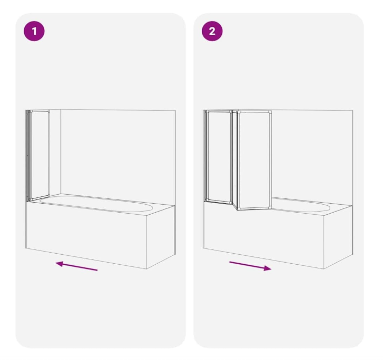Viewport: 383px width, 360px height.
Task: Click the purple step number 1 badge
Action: coord(34,31)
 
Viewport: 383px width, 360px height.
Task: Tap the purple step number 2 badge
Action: coord(212,31)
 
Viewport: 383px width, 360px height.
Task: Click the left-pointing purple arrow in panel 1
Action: coord(76,266)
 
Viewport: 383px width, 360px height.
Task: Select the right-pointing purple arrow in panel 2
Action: coord(250,266)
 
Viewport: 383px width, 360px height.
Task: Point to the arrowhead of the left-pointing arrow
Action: coord(60,264)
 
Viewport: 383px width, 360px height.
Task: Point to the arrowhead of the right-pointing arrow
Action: coord(268,268)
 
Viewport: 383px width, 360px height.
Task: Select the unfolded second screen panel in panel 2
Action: coord(254,161)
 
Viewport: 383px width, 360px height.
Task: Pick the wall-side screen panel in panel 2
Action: coord(219,156)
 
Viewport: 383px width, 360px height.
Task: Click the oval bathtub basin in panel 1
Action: coord(96,203)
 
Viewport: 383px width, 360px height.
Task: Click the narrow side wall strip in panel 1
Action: coord(55,153)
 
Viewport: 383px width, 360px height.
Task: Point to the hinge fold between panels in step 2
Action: coord(235,160)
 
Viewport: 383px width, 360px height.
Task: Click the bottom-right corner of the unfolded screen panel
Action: coord(271,207)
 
